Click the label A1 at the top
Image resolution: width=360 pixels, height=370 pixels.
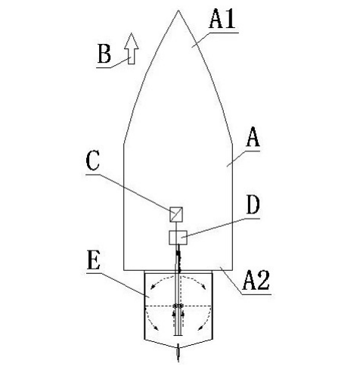point(222,18)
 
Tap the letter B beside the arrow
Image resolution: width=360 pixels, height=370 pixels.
point(104,54)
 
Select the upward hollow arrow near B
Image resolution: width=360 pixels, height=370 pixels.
point(132,48)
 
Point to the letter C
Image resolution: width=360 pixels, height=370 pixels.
point(92,160)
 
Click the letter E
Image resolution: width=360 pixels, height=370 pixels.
point(94,260)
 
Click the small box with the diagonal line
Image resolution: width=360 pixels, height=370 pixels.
point(176,214)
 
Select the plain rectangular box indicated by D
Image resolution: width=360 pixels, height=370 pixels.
point(178,238)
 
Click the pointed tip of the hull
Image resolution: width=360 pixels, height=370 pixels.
point(178,11)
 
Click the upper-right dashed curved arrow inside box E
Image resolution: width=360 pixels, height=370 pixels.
point(194,281)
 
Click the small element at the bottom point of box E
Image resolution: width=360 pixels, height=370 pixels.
point(178,353)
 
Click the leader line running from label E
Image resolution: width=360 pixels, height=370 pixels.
point(118,285)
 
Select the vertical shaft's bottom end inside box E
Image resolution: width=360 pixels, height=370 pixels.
point(178,335)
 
